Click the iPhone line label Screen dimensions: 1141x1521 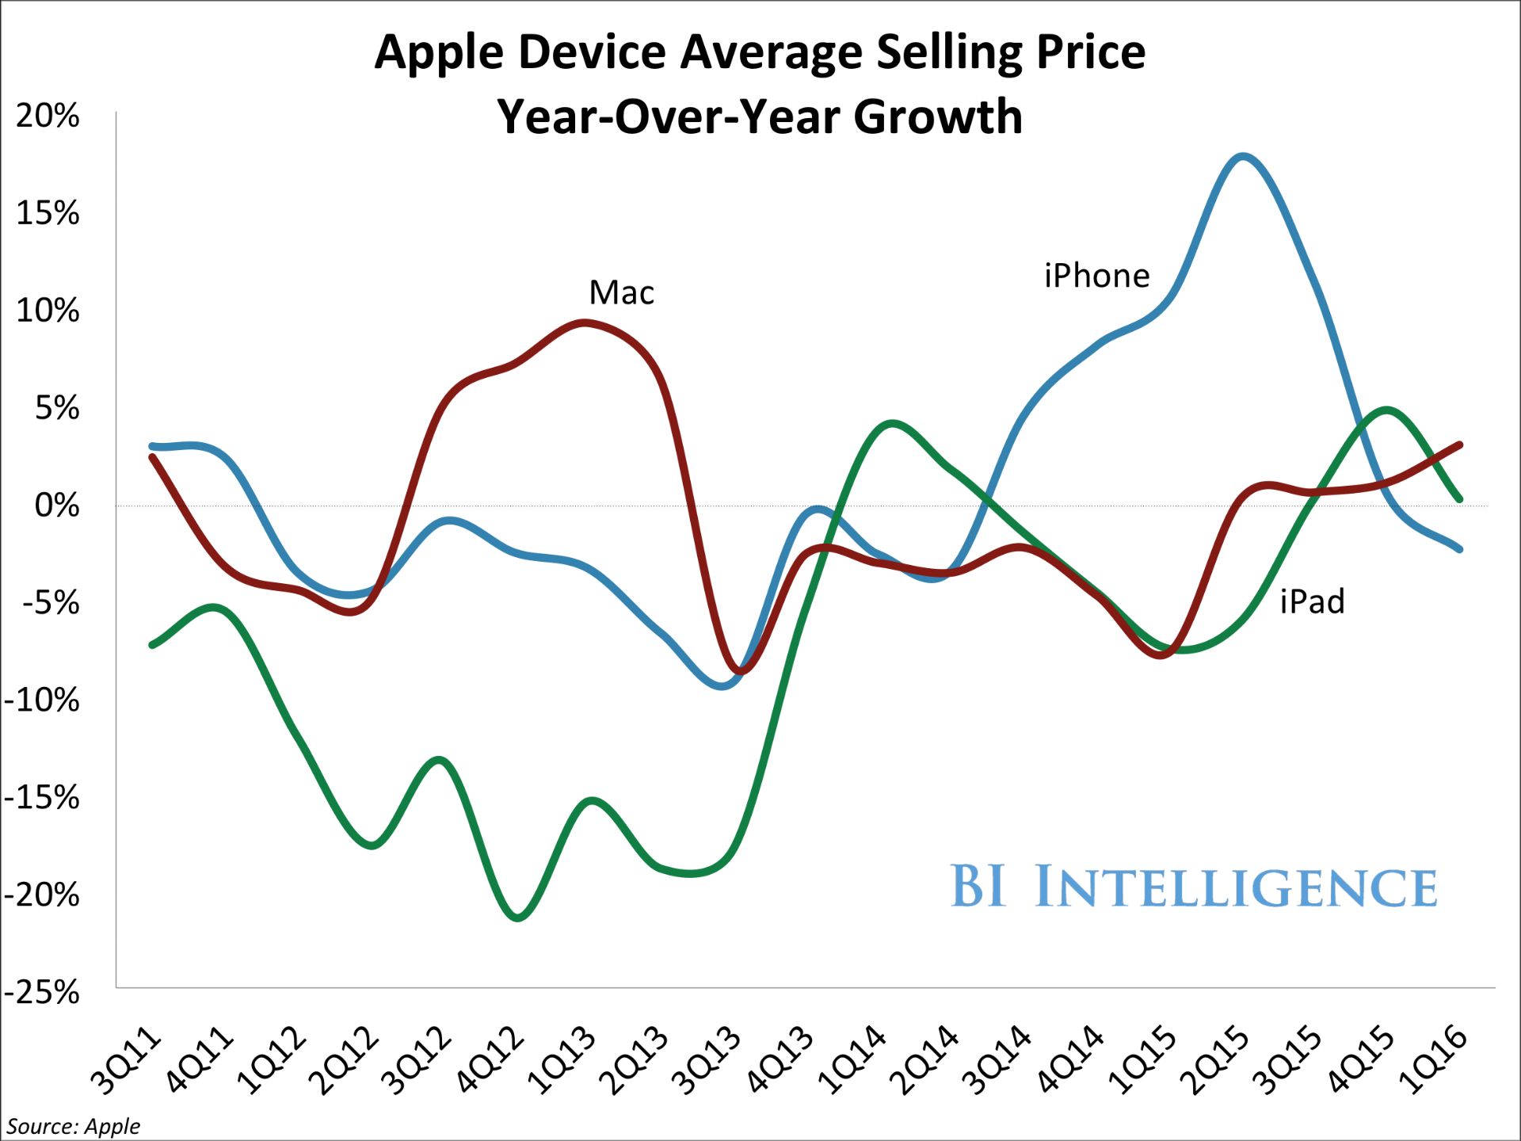pos(1096,276)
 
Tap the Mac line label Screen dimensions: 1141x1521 pos(622,293)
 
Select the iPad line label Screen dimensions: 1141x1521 pos(1312,602)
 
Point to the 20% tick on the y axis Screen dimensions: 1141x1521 pos(48,116)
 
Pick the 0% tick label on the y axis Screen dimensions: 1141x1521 pos(57,506)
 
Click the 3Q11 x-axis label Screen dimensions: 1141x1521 pos(127,1062)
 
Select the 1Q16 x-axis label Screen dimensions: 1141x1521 pos(1434,1062)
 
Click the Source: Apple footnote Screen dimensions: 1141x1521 pos(73,1126)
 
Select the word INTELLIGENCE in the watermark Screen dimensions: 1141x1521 pos(1236,887)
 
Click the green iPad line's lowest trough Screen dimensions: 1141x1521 pos(517,918)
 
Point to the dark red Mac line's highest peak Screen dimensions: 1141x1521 pos(584,322)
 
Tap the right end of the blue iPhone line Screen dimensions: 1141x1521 pos(1459,549)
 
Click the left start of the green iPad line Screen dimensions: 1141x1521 pos(152,645)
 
